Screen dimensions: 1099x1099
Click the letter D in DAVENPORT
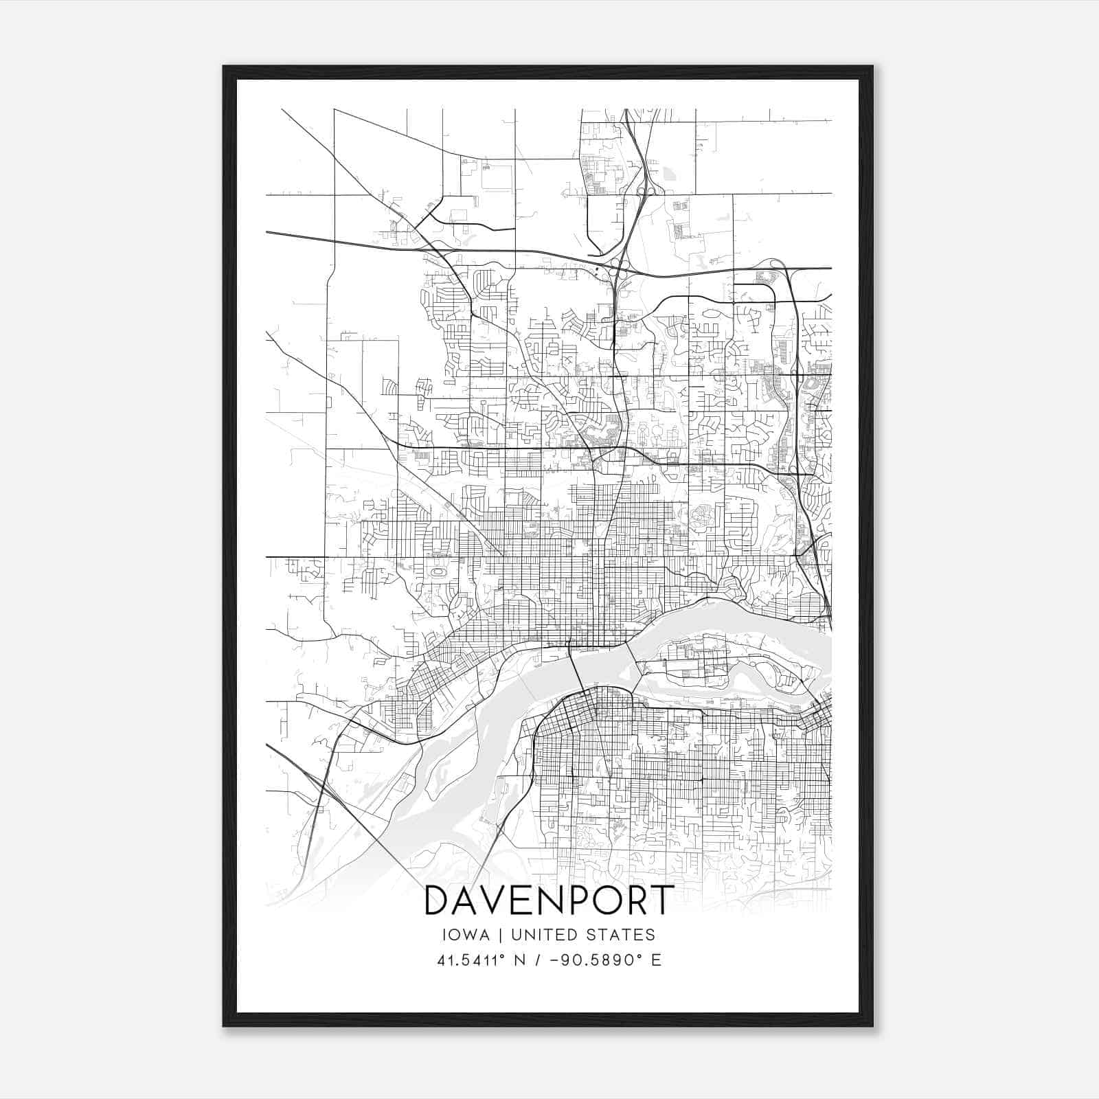tap(440, 900)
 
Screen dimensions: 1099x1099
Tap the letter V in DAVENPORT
tap(501, 900)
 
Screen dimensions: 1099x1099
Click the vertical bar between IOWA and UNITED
tap(499, 935)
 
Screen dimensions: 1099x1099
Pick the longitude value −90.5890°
tap(596, 960)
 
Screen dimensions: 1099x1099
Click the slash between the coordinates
tap(537, 960)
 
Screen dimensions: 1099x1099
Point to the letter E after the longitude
tap(656, 960)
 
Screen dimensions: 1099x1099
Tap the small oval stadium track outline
tap(435, 571)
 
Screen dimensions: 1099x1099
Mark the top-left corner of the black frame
tap(224, 67)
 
